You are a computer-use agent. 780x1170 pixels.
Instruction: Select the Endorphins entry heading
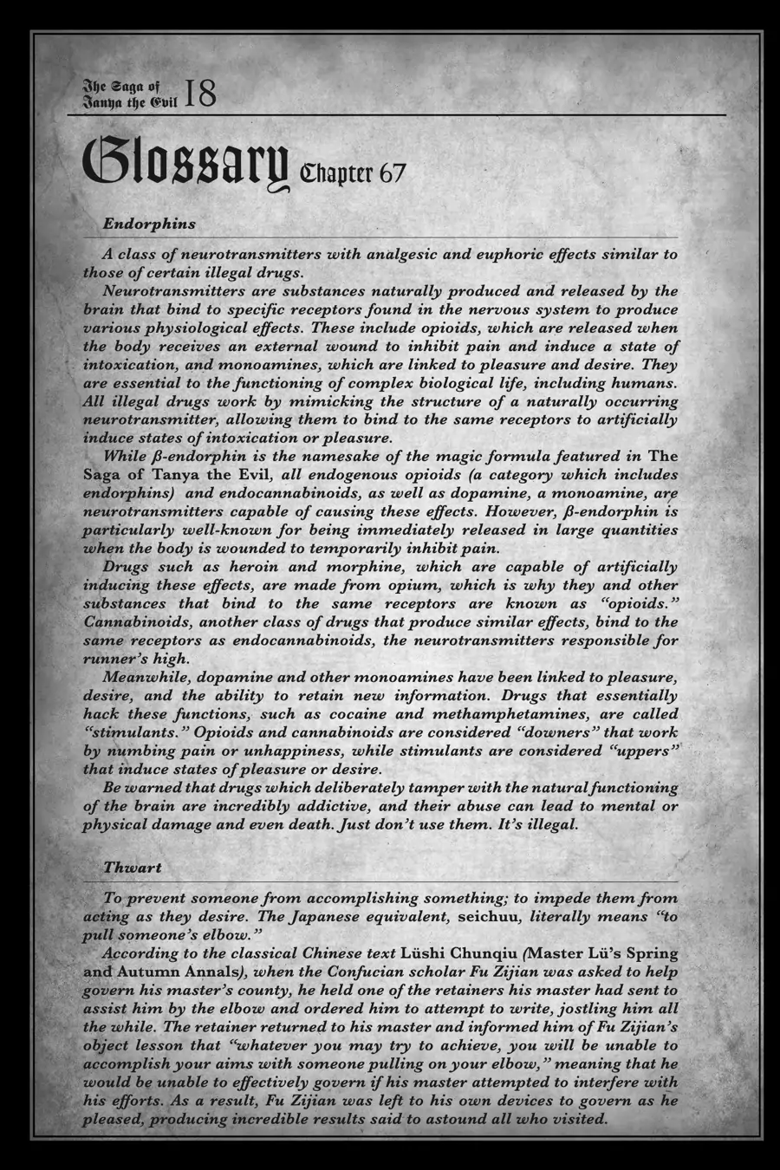point(149,224)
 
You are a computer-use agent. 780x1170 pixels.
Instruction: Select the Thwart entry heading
point(132,867)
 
